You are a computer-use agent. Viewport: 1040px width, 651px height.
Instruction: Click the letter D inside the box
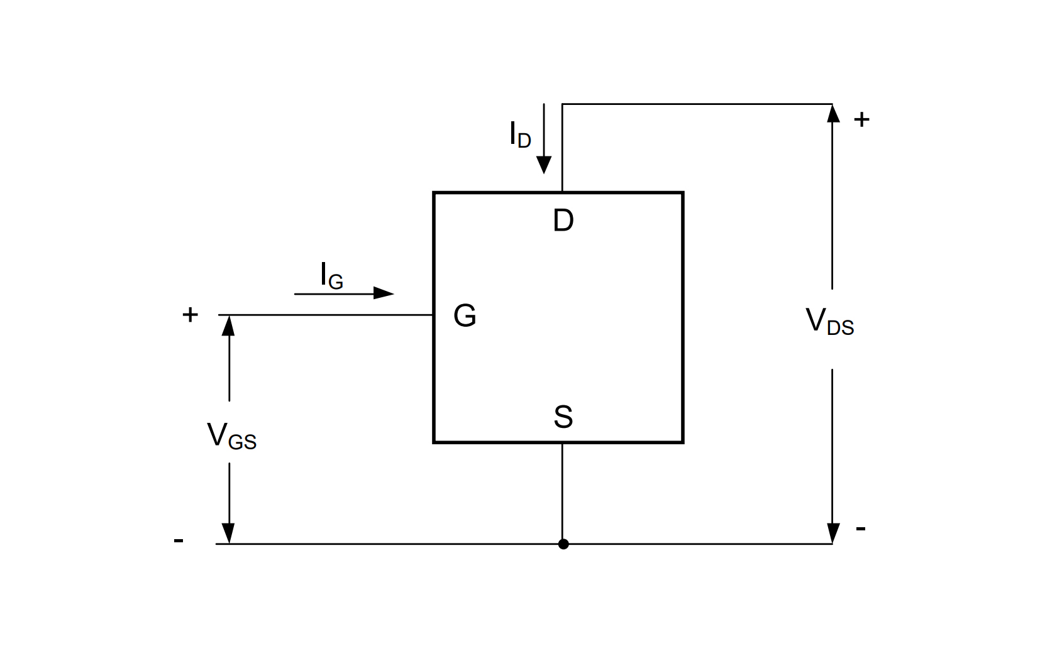[x=563, y=221]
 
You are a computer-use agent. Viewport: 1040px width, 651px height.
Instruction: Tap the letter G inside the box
[x=465, y=315]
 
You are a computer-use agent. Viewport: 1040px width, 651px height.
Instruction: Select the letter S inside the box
[x=563, y=417]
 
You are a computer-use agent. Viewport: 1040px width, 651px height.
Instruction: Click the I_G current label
[x=331, y=276]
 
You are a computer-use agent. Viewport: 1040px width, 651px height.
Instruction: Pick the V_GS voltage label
[x=231, y=435]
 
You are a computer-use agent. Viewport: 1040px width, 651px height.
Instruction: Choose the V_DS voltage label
[x=829, y=322]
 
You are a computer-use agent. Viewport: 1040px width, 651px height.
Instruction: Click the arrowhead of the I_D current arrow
[x=544, y=165]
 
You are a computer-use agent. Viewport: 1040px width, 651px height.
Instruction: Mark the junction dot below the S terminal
[x=563, y=544]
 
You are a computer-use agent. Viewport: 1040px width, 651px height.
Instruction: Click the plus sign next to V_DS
[x=861, y=119]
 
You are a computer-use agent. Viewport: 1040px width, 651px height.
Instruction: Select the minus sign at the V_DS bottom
[x=861, y=529]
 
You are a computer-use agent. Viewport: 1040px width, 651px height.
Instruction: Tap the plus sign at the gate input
[x=190, y=314]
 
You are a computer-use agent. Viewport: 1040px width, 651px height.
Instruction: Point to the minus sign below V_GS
[x=179, y=540]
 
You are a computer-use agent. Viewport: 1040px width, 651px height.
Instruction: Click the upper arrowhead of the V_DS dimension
[x=833, y=114]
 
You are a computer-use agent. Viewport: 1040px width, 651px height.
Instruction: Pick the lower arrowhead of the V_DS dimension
[x=833, y=533]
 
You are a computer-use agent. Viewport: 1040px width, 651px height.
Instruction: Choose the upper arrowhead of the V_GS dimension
[x=229, y=325]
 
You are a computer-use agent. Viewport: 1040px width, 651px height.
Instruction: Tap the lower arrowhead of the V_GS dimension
[x=229, y=533]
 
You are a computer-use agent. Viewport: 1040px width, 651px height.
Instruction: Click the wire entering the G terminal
[x=327, y=315]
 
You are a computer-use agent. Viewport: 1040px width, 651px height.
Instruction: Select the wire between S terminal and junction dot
[x=562, y=490]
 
